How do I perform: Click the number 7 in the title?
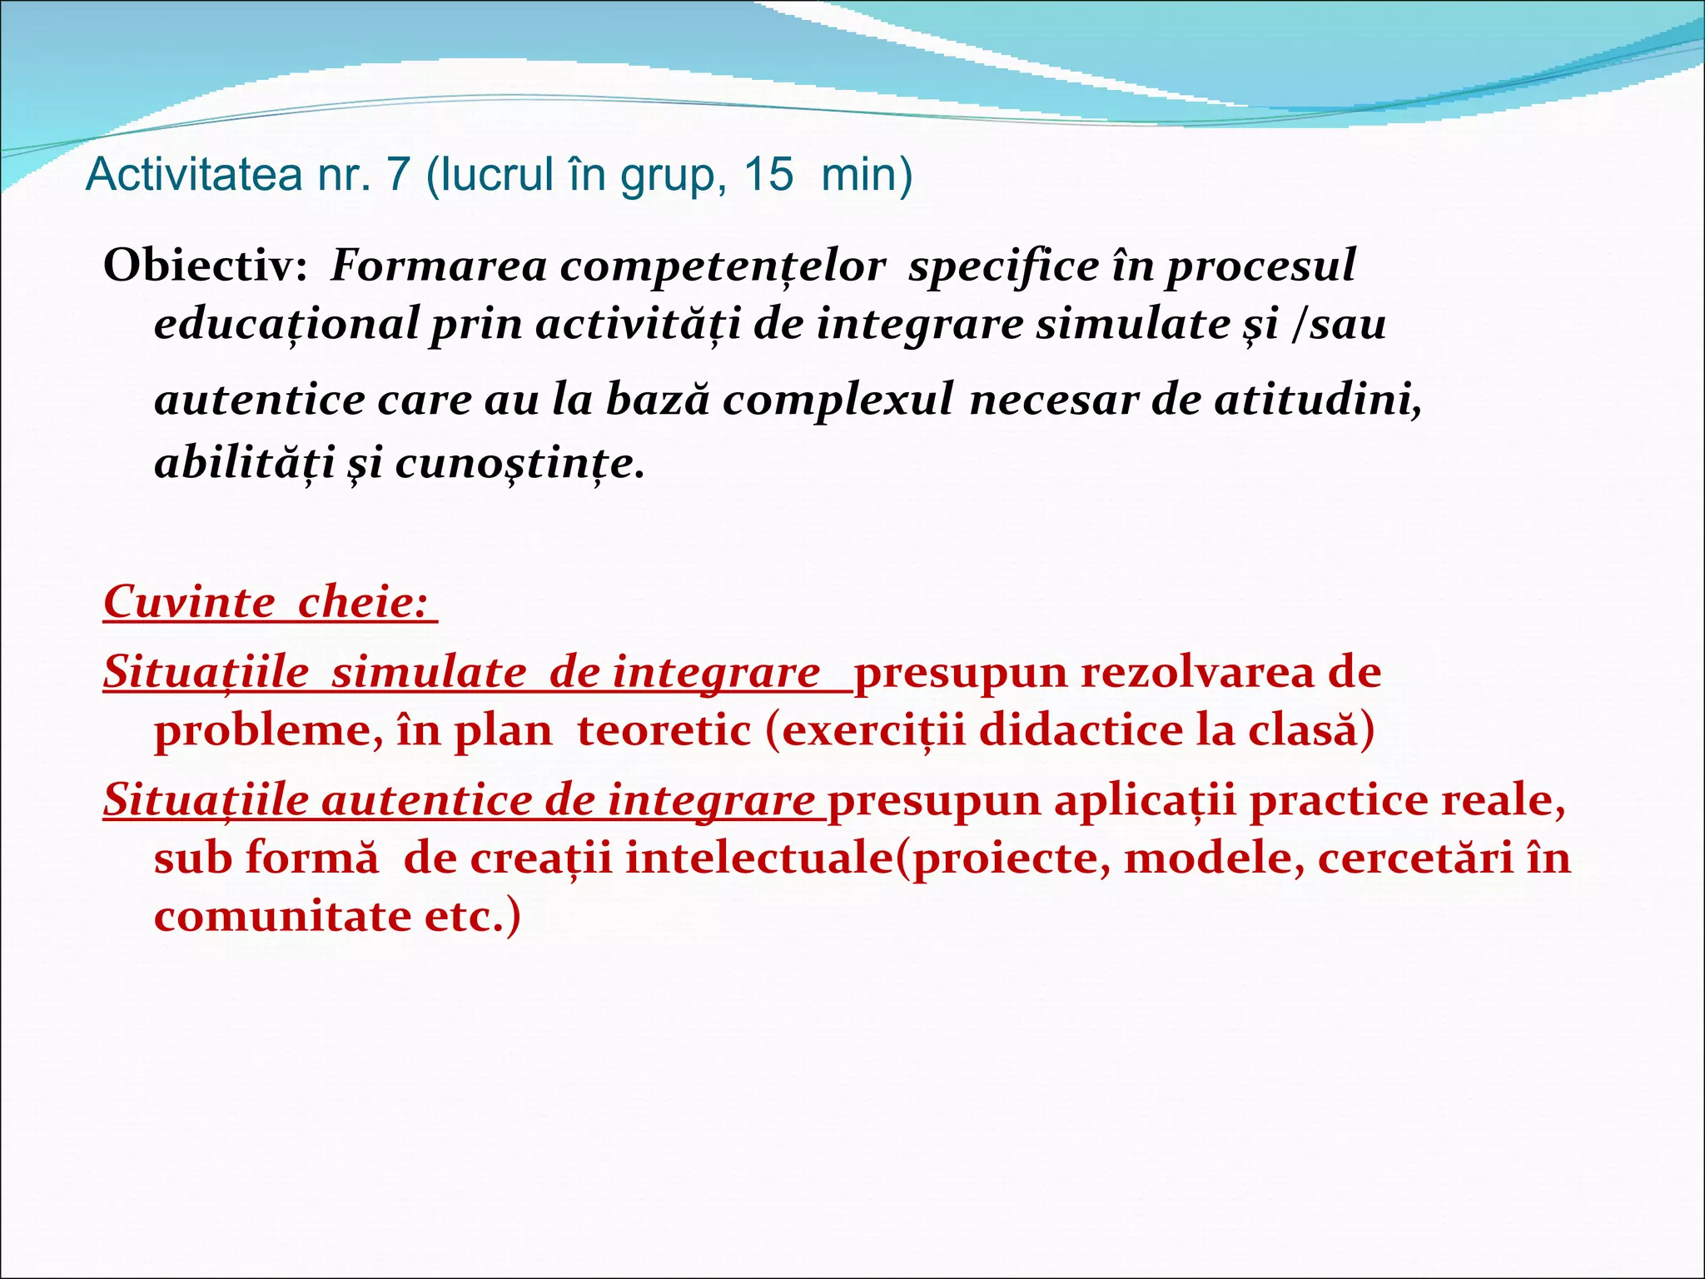[398, 175]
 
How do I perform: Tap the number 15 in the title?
[768, 175]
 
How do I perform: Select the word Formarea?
[439, 266]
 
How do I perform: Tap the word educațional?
[286, 325]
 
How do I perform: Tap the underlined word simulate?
[429, 672]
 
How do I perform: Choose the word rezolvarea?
[1198, 672]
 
